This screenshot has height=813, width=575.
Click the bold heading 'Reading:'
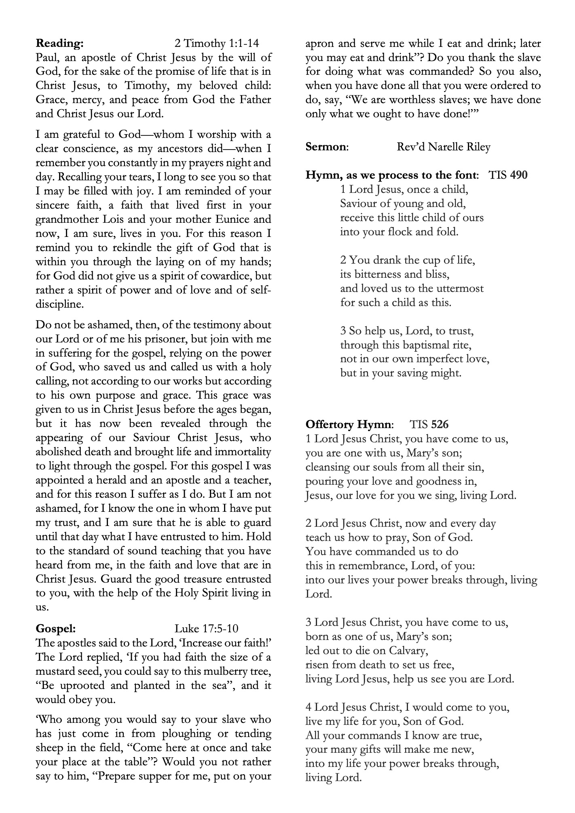tap(60, 43)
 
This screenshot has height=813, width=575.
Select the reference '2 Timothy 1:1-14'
tap(217, 43)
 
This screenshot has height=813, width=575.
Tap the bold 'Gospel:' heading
tap(56, 628)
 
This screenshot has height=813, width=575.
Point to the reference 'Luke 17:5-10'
tap(206, 628)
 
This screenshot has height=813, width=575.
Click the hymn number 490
tap(519, 175)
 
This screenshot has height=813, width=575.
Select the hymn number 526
tap(440, 424)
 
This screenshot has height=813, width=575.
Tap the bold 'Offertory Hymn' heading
tap(349, 424)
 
